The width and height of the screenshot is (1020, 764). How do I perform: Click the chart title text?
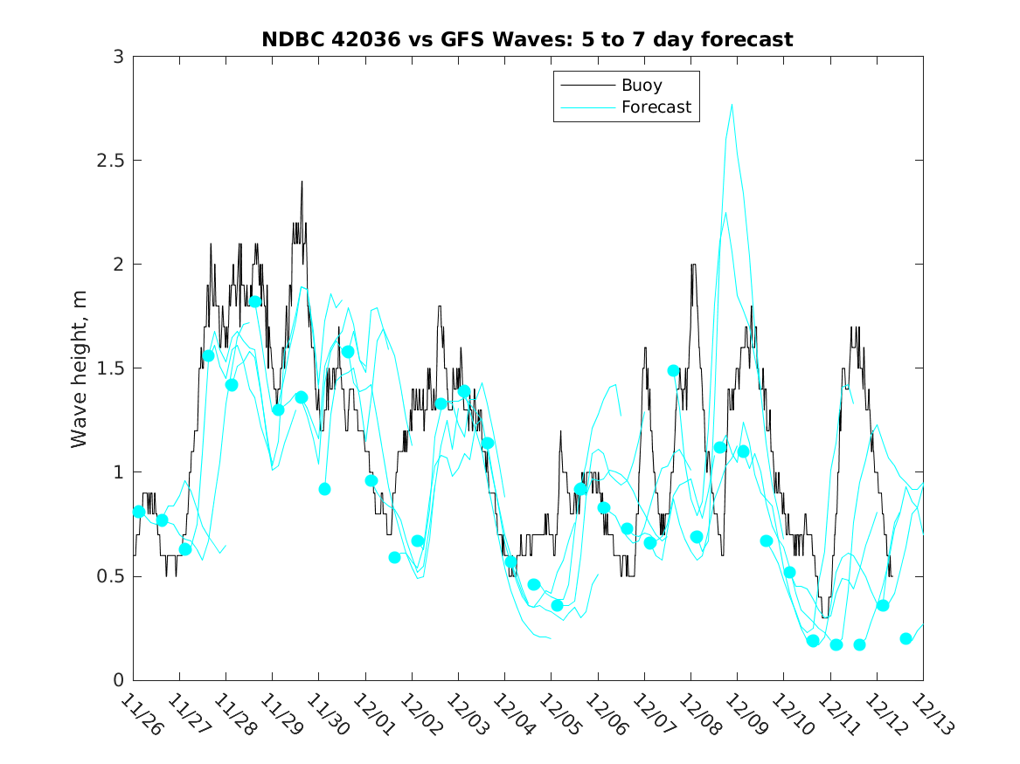527,39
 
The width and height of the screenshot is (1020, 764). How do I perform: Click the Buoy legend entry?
641,86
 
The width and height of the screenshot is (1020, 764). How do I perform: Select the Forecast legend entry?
656,107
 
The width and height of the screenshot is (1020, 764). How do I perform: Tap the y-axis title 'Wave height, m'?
80,368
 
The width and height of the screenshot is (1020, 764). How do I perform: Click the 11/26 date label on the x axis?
142,715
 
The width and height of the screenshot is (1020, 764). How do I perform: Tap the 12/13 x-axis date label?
932,715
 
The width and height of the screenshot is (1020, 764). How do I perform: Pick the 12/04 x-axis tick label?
513,715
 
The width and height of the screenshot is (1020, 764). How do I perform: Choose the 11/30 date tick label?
328,715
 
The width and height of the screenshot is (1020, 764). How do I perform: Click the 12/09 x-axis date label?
746,715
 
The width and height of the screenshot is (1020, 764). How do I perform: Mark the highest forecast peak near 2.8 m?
732,105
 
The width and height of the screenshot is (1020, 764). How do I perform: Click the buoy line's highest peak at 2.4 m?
302,182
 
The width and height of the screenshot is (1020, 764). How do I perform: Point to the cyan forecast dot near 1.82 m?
255,301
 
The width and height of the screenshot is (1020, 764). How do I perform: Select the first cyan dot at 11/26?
139,512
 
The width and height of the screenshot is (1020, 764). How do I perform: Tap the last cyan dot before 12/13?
906,638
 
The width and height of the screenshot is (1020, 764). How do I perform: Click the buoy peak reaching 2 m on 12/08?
693,264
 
